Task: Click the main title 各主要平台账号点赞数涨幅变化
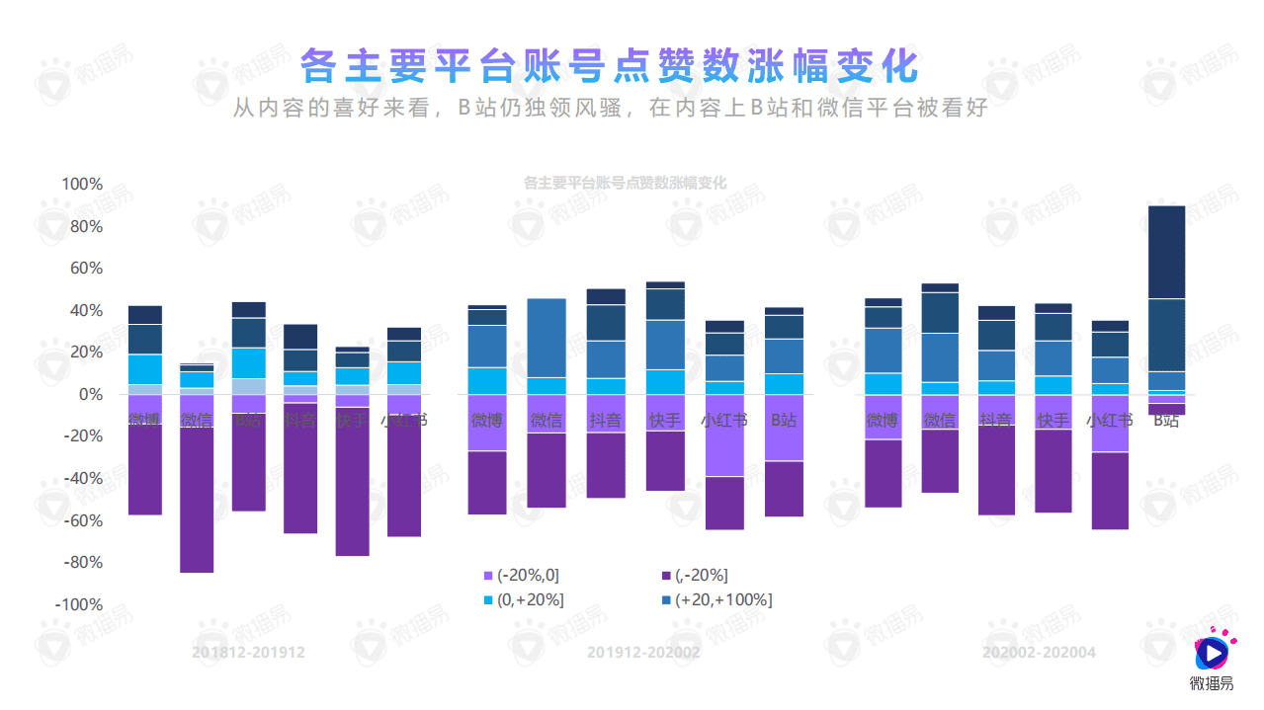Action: (x=610, y=67)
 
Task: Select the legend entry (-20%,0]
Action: (x=524, y=576)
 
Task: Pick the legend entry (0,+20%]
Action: (x=524, y=600)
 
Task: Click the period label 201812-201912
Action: (x=248, y=653)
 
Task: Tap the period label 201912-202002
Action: (x=643, y=653)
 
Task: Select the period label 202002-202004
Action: (x=1039, y=653)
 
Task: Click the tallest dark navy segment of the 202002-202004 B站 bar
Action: (x=1167, y=252)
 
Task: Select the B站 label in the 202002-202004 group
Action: (x=1167, y=420)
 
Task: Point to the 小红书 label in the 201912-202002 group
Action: (x=724, y=420)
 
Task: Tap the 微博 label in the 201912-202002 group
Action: (x=486, y=420)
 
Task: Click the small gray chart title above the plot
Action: (x=624, y=184)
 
